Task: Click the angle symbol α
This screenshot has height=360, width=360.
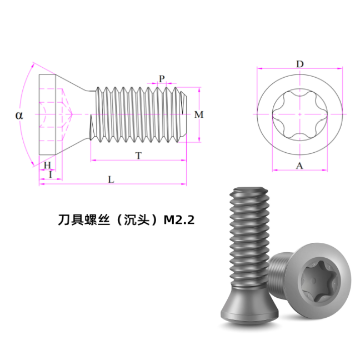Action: [19, 115]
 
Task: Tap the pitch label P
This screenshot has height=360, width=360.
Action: [162, 79]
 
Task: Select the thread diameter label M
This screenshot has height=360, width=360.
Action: [199, 114]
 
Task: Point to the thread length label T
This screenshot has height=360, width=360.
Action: [138, 156]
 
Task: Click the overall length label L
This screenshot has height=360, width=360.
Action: [111, 179]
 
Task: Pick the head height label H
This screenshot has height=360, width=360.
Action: [47, 165]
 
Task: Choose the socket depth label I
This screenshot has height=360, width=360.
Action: [51, 174]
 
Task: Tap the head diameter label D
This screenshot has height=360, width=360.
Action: [300, 64]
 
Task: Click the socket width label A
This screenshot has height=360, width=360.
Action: [299, 166]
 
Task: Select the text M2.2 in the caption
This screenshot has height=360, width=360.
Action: [179, 220]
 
